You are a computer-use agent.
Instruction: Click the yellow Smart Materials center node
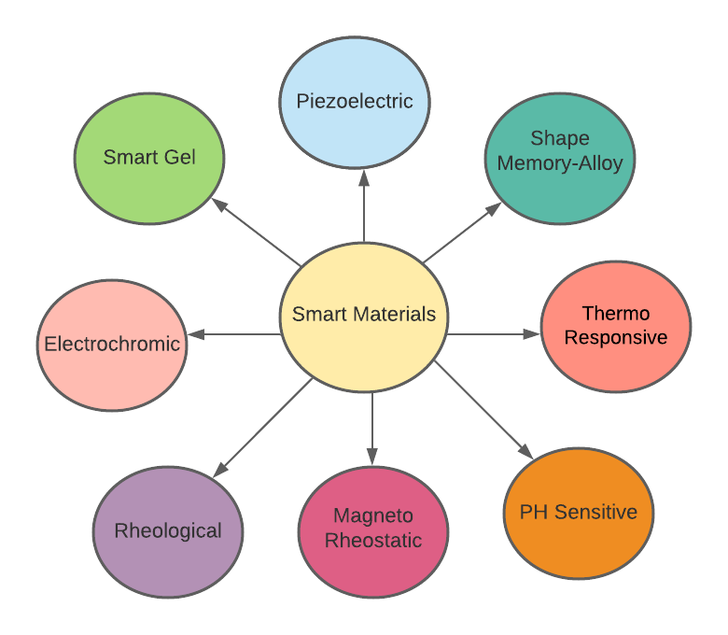(x=364, y=315)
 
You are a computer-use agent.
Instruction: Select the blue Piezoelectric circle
(x=355, y=101)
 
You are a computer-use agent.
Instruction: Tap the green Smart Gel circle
(x=149, y=157)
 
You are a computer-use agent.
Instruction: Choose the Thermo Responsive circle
(x=616, y=325)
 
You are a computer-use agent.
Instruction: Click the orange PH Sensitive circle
(x=579, y=512)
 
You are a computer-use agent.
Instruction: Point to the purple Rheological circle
(x=168, y=530)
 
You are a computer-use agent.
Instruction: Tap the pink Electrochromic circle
(x=112, y=344)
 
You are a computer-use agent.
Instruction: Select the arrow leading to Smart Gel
(x=255, y=231)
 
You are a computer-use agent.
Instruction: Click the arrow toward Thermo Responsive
(x=495, y=333)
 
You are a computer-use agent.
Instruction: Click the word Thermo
(x=616, y=313)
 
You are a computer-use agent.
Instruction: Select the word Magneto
(x=373, y=516)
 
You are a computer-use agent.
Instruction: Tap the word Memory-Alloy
(x=560, y=162)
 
